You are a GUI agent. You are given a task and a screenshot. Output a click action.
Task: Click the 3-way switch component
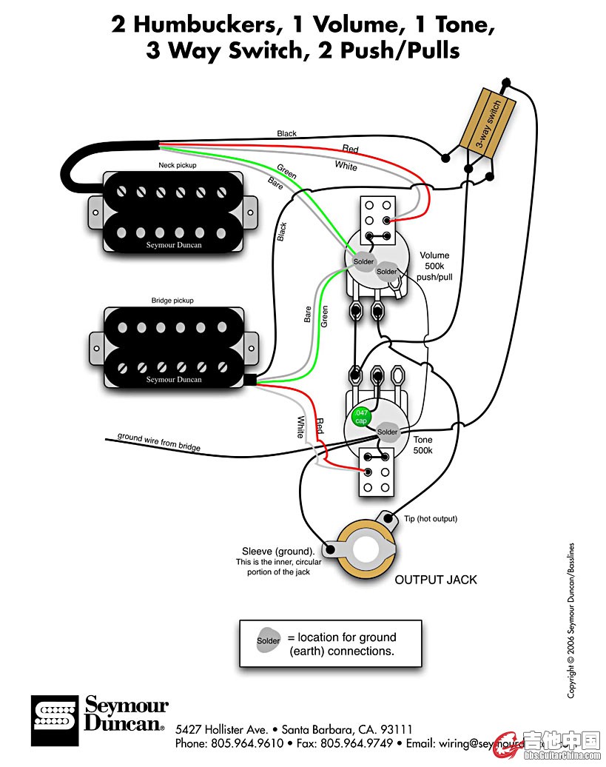tap(489, 118)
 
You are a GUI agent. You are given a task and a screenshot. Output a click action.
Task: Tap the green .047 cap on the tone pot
tap(361, 416)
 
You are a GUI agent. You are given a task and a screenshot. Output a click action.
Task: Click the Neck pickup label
tap(177, 165)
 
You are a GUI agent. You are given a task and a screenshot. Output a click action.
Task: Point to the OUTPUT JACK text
tap(436, 579)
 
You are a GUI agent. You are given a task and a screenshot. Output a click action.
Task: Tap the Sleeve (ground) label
tap(277, 552)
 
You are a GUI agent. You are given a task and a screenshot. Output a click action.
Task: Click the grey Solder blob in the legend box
tap(269, 640)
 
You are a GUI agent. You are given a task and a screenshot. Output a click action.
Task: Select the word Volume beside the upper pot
tap(434, 255)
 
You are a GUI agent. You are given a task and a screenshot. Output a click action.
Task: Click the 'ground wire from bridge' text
tap(158, 442)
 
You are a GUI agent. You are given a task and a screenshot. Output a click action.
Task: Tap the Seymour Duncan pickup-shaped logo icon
tap(54, 720)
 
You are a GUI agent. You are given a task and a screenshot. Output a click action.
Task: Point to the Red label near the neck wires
tap(350, 149)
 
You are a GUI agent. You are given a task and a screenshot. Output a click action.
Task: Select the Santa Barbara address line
tap(294, 729)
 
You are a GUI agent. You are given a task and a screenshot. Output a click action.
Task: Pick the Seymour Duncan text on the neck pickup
tap(174, 245)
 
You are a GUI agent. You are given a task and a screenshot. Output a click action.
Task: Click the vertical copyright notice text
tap(571, 622)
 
